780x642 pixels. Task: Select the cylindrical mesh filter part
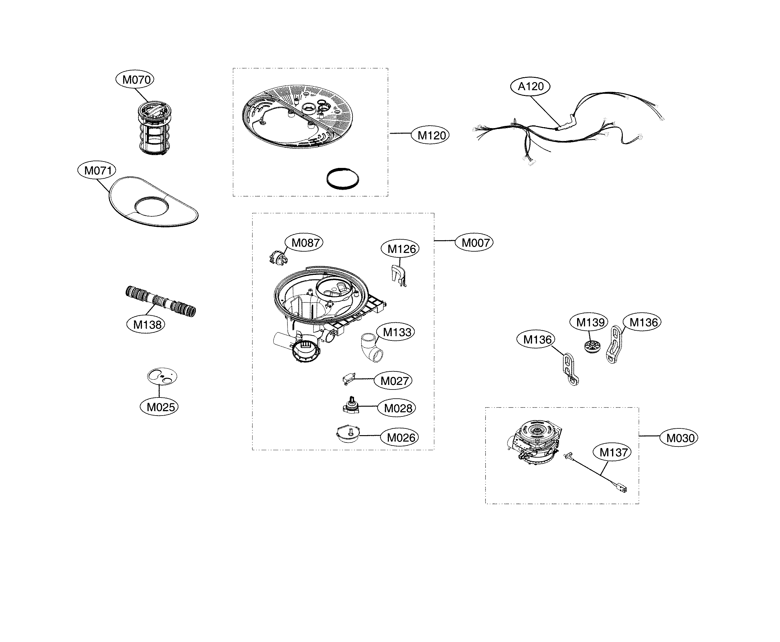pos(154,127)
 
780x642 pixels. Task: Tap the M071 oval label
pos(97,170)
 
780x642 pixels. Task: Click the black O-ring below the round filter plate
pos(342,179)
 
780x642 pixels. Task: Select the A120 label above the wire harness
pos(530,86)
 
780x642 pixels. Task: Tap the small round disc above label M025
pos(162,377)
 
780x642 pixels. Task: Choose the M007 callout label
pos(474,243)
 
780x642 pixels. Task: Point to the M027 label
pos(394,381)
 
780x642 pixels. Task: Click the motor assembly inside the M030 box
pos(535,442)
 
